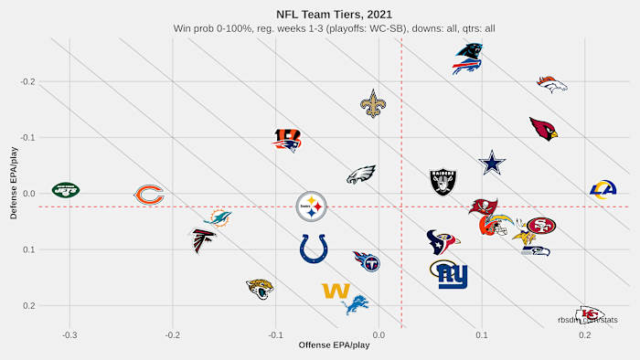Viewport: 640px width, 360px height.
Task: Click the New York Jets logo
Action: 66,190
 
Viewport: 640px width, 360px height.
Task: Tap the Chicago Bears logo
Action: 149,195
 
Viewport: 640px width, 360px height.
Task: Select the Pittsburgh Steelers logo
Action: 312,207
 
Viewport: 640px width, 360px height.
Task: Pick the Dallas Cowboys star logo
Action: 492,164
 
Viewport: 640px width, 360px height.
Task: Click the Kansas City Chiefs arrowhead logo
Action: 590,314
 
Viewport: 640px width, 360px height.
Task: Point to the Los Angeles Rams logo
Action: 603,190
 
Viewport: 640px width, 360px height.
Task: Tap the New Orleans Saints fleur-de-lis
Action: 373,104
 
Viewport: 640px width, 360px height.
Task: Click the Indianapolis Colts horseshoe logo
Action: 314,248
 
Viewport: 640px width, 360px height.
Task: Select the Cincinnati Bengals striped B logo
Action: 288,139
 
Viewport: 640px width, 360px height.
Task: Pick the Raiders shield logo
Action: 443,181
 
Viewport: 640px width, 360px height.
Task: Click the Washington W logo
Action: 336,291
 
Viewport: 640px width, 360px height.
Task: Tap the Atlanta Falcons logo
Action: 204,240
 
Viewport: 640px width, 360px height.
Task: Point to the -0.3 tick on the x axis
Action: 69,335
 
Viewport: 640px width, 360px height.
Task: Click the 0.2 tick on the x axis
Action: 584,335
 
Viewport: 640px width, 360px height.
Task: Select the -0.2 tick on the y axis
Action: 27,82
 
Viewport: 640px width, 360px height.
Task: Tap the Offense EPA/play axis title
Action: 334,345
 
